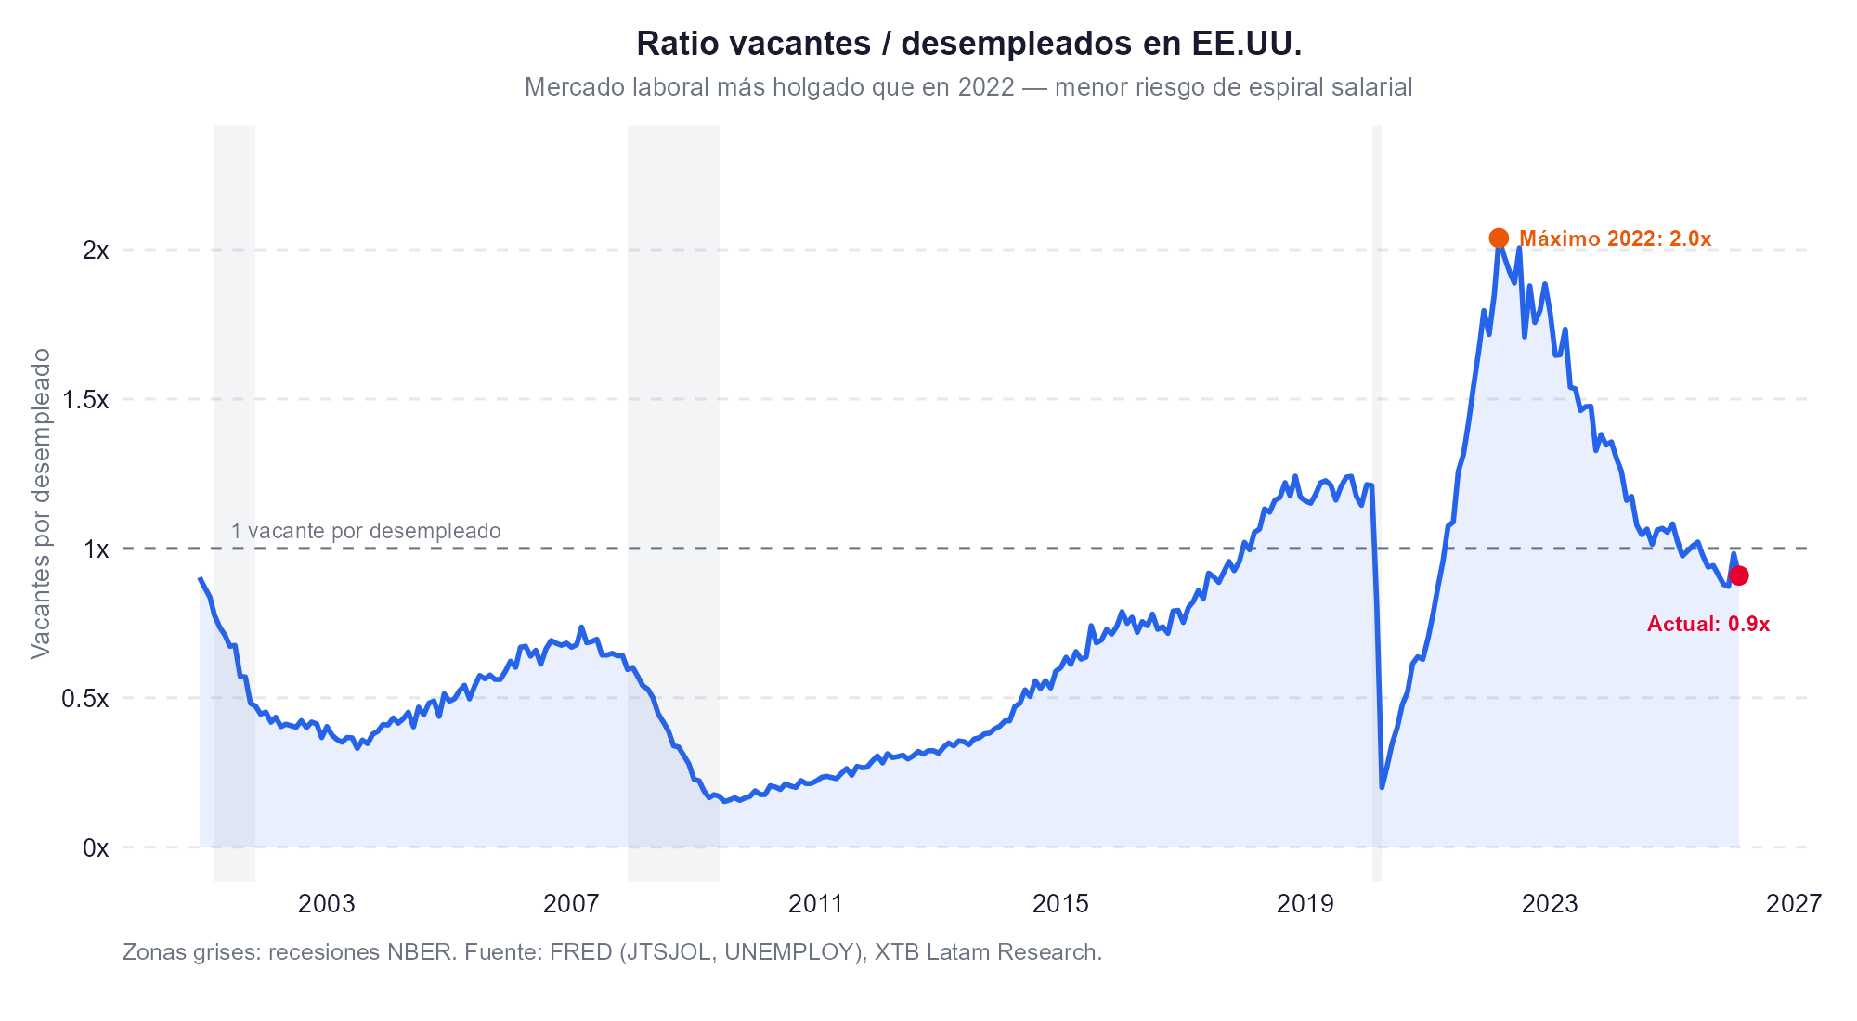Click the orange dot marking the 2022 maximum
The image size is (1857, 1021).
coord(1499,239)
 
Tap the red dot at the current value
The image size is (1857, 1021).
coord(1739,575)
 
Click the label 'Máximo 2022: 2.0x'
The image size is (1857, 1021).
coord(1615,239)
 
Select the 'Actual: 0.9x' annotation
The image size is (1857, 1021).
coord(1708,625)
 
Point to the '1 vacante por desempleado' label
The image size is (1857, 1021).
coord(366,532)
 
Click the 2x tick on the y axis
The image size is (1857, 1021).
coord(96,251)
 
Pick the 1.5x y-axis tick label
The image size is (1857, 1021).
coord(85,400)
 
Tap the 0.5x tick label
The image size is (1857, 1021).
coord(85,698)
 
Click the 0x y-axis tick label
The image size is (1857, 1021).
coord(96,847)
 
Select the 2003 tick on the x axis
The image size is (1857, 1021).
coord(327,904)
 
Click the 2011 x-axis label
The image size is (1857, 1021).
coord(815,904)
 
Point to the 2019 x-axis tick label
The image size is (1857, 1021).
coord(1305,904)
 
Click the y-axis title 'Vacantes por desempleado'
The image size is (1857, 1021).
coord(42,504)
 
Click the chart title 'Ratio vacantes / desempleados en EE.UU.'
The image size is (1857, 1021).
coord(968,44)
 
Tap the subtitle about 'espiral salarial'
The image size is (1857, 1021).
coord(968,87)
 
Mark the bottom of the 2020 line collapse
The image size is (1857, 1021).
coord(1382,787)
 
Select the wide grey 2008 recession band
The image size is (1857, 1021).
coord(673,418)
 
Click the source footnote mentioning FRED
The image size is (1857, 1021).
coord(612,952)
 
